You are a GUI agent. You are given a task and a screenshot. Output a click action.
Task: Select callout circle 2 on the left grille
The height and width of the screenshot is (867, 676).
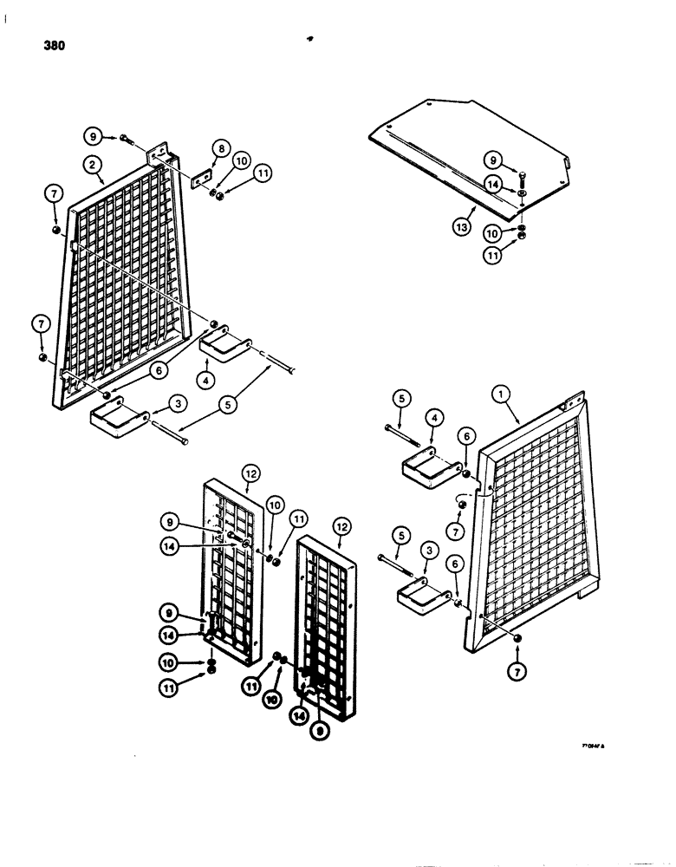(91, 163)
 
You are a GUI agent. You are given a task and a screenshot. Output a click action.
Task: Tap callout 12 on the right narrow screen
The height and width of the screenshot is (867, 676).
(337, 525)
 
